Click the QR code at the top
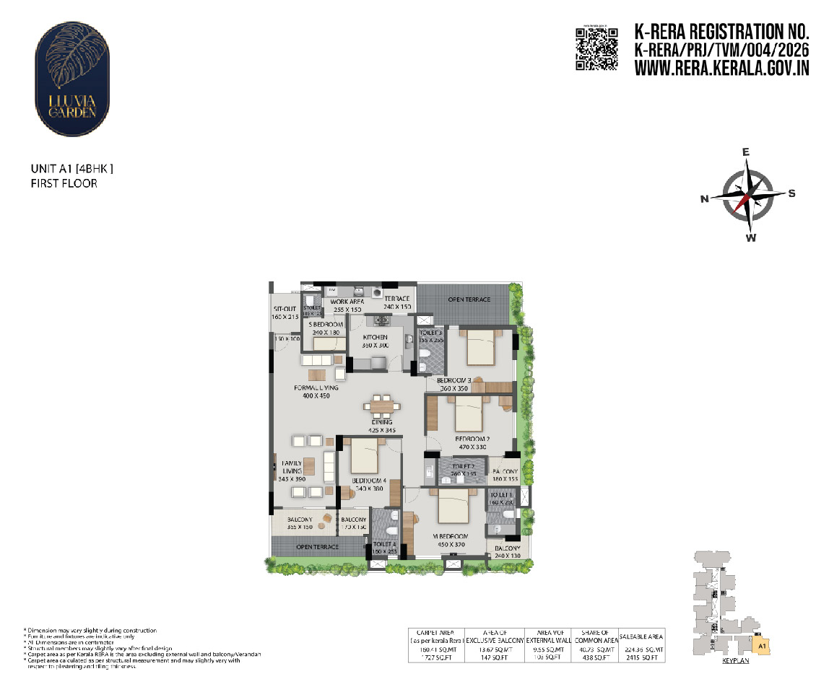596,48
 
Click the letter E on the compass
747,152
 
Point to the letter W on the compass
751,237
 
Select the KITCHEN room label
375,337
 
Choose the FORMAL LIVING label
316,387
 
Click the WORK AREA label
347,302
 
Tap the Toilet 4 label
385,544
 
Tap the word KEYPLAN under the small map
735,661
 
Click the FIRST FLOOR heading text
64,184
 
